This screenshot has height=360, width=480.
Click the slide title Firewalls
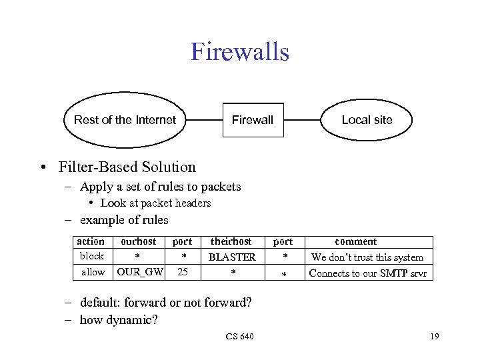pyautogui.click(x=240, y=52)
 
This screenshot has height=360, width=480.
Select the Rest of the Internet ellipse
pyautogui.click(x=125, y=120)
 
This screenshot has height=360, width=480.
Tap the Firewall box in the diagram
pyautogui.click(x=253, y=120)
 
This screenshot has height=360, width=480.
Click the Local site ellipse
pyautogui.click(x=367, y=120)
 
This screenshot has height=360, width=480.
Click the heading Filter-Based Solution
pyautogui.click(x=127, y=167)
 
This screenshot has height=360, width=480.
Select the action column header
pyautogui.click(x=91, y=242)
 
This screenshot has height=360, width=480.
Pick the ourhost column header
pyautogui.click(x=138, y=242)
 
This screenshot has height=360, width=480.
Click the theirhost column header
pyautogui.click(x=231, y=242)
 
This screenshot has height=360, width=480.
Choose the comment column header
pyautogui.click(x=355, y=242)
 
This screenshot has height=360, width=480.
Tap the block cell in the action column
pyautogui.click(x=92, y=257)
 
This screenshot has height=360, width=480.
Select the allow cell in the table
pyautogui.click(x=93, y=272)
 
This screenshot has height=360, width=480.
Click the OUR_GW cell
pyautogui.click(x=140, y=272)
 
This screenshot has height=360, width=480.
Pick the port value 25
pyautogui.click(x=182, y=272)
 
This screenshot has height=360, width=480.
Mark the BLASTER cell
pyautogui.click(x=232, y=257)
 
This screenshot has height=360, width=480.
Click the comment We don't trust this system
pyautogui.click(x=367, y=257)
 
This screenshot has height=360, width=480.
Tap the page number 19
pyautogui.click(x=434, y=337)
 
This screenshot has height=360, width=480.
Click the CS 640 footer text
pyautogui.click(x=239, y=337)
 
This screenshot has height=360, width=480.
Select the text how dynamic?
pyautogui.click(x=119, y=320)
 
